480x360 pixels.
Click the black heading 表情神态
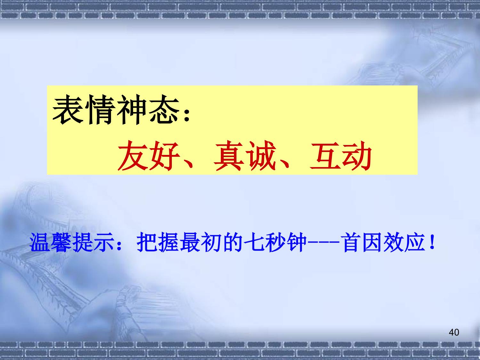116,110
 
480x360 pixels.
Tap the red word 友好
149,156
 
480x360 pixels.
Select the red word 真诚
244,156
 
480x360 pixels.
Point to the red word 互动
341,156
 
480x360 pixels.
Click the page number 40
454,332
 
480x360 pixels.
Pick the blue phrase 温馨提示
71,242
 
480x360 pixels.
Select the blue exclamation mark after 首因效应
432,243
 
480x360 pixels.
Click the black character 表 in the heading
68,110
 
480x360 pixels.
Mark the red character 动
357,156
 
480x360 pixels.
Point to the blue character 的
232,242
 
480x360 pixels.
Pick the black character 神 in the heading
132,110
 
